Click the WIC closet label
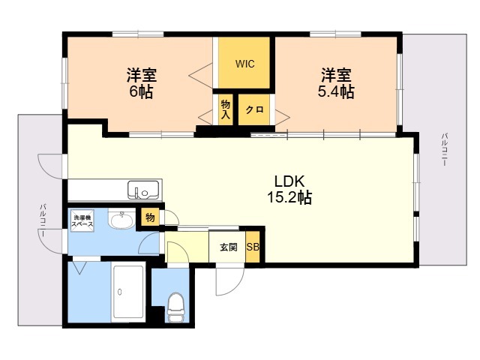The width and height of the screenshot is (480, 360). pyautogui.click(x=245, y=64)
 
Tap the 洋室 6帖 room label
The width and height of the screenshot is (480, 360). pyautogui.click(x=140, y=83)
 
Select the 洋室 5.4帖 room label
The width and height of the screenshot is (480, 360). pyautogui.click(x=337, y=83)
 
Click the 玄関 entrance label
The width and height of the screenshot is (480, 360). pyautogui.click(x=228, y=247)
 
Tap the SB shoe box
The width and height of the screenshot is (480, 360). pyautogui.click(x=253, y=247)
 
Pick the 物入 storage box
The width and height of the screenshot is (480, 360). pyautogui.click(x=226, y=109)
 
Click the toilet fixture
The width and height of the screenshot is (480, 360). pyautogui.click(x=175, y=307)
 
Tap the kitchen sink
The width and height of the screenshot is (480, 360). pyautogui.click(x=142, y=190)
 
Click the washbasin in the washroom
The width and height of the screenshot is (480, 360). pyautogui.click(x=120, y=220)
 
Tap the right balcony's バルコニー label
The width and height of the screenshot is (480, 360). pyautogui.click(x=444, y=150)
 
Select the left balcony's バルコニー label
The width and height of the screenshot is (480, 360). pyautogui.click(x=43, y=220)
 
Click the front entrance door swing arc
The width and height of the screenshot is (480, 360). pyautogui.click(x=227, y=282)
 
